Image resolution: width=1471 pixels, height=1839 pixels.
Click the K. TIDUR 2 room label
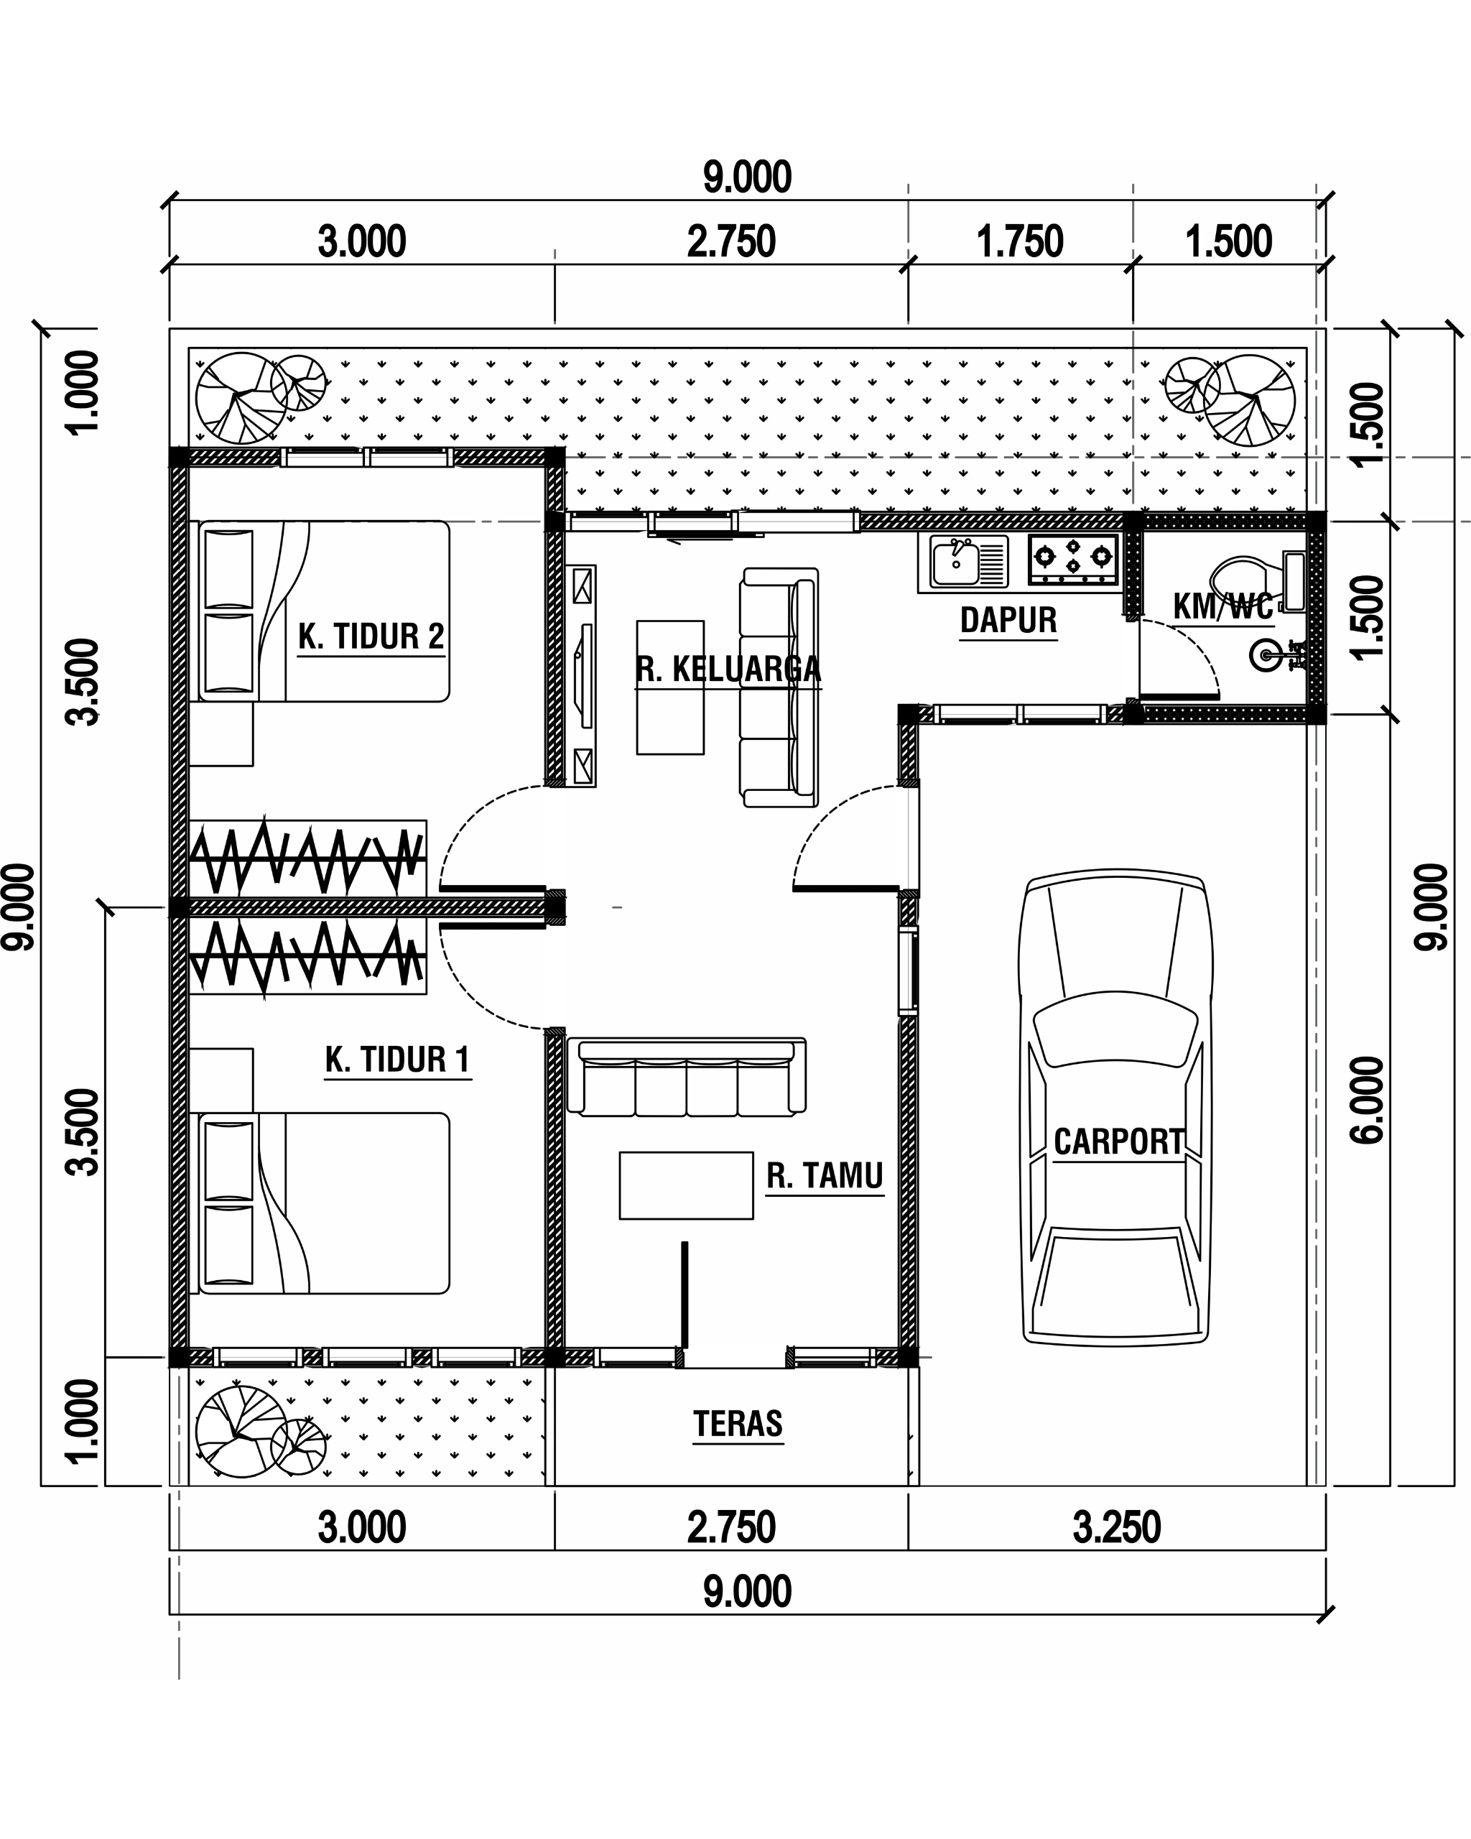tap(371, 636)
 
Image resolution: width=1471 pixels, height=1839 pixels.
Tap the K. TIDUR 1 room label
tap(397, 1060)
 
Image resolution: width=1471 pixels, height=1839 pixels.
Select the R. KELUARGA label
tap(728, 670)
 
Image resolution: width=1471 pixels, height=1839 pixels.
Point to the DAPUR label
tap(1008, 620)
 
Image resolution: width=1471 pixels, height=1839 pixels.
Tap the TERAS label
tap(738, 1424)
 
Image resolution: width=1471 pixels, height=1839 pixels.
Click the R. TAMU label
tap(825, 1175)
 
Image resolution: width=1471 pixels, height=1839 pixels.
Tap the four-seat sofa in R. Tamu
tap(687, 1076)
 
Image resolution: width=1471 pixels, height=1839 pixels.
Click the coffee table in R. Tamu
tap(687, 1185)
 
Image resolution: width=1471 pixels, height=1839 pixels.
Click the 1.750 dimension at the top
tap(1020, 241)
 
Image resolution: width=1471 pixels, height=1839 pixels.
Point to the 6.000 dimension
tap(1368, 1101)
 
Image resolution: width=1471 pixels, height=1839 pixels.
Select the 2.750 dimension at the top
tap(732, 241)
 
